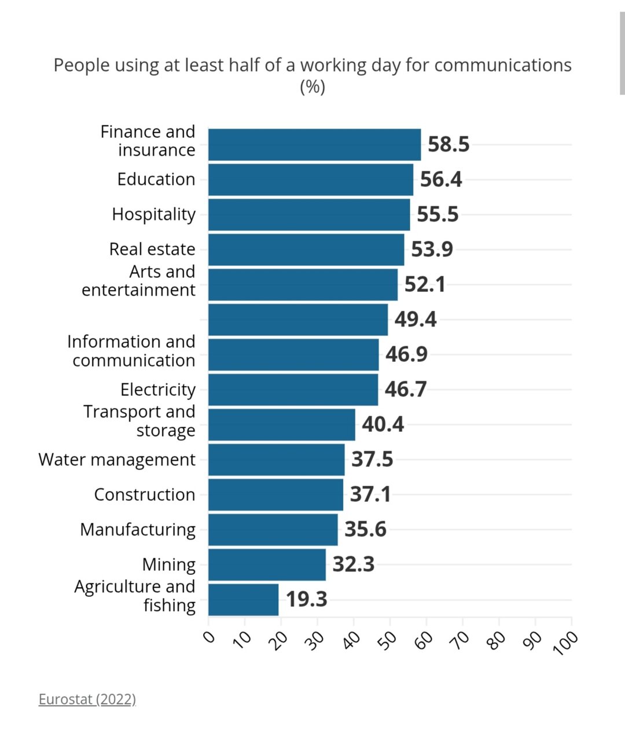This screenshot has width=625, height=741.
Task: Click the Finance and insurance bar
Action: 314,145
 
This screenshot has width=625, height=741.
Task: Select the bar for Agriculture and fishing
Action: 243,600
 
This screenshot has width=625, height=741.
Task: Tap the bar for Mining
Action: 267,564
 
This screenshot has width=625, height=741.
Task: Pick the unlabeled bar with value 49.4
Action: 298,320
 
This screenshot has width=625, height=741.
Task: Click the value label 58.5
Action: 448,145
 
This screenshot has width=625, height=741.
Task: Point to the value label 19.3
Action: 307,600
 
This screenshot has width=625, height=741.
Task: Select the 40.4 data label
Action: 383,424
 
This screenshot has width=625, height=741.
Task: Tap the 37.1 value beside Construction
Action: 370,494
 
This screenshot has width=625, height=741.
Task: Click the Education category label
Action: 156,179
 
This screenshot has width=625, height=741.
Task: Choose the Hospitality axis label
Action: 154,214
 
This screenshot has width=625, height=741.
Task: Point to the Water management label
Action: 117,460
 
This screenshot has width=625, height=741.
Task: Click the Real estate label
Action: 152,250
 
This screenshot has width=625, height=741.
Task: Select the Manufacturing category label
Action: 138,530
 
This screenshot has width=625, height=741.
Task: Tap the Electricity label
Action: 158,390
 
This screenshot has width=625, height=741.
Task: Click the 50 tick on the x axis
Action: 390,639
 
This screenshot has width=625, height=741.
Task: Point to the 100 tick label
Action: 566,643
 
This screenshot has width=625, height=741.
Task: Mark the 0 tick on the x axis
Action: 209,637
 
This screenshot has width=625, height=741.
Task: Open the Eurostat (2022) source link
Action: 87,699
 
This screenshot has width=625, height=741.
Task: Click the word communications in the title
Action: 502,65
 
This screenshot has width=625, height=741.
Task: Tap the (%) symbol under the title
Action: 312,87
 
